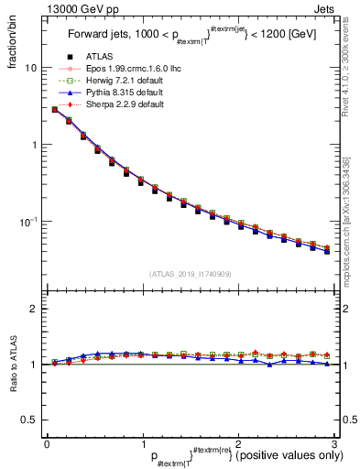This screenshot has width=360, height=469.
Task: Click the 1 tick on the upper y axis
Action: coord(34,145)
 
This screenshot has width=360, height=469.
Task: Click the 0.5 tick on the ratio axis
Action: coord(30,420)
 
